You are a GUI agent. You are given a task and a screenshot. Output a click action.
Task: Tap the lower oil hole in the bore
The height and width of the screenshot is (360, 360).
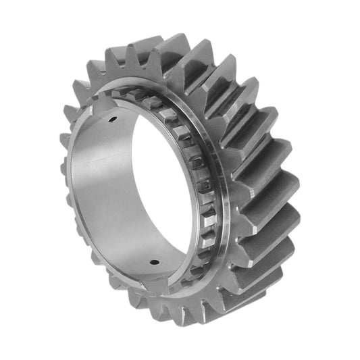[154, 263]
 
